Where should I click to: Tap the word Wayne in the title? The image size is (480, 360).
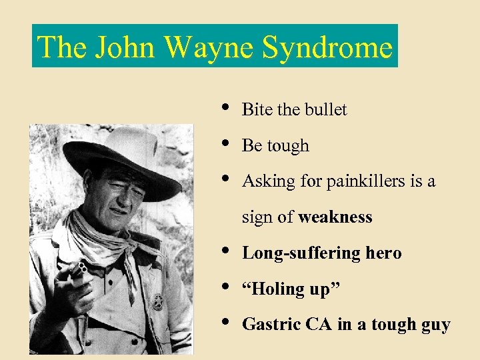click(210, 47)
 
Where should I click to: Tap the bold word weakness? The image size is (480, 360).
click(335, 217)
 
